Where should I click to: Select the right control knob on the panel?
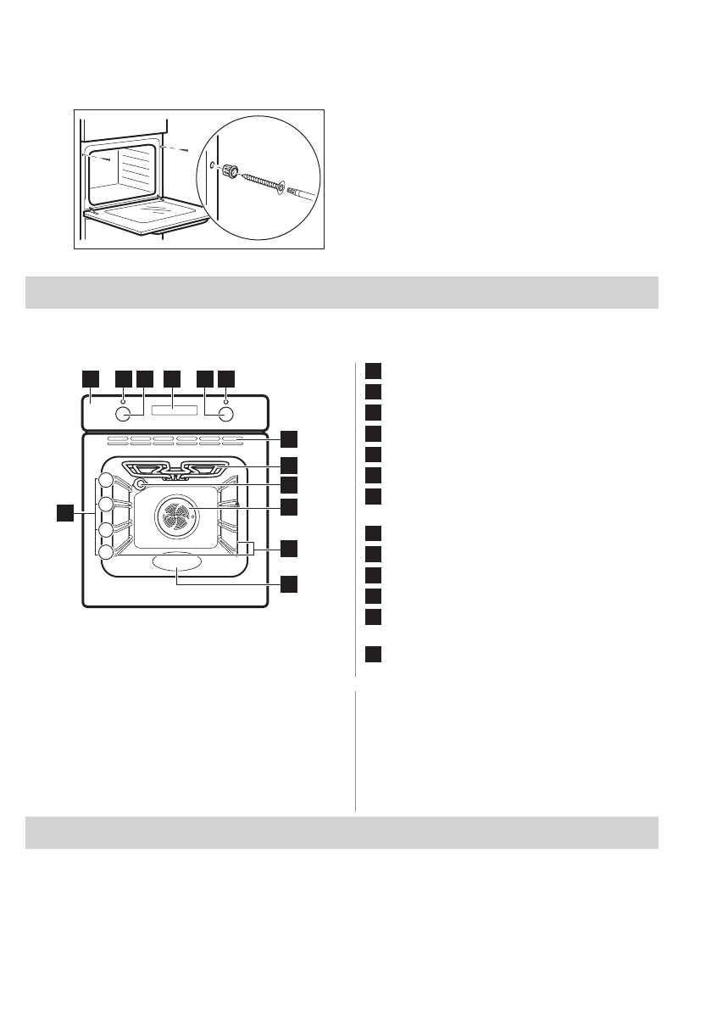pos(225,415)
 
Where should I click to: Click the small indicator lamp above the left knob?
pos(124,399)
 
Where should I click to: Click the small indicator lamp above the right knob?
pos(225,399)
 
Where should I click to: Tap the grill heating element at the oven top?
pos(177,468)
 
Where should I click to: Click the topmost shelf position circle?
pos(105,482)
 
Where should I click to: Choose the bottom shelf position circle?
pos(105,552)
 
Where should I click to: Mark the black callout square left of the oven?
pos(64,512)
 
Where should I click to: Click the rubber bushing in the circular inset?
pos(229,172)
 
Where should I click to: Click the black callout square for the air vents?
pos(290,438)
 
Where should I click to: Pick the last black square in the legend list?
pos(374,654)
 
